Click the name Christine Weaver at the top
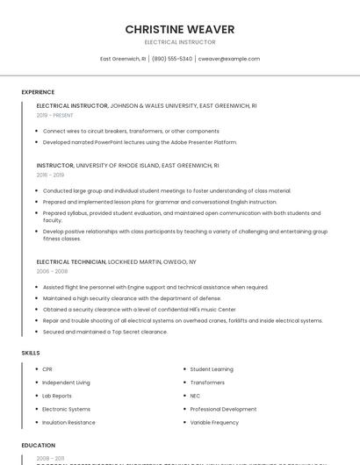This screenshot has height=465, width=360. point(179,28)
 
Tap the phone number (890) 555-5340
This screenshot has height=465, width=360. point(172,59)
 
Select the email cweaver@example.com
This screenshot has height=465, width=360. point(228,59)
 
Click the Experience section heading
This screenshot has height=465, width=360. point(38,92)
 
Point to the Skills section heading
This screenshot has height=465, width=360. point(31,353)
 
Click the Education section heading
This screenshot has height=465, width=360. point(39,446)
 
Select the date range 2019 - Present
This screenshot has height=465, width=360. point(54,115)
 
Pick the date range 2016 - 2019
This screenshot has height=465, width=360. point(50,175)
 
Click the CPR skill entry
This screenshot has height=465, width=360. point(47,369)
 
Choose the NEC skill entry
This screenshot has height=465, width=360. point(196,396)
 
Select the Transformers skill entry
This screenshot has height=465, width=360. point(207,383)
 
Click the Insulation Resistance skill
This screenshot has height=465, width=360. point(68,423)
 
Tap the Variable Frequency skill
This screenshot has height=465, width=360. point(213,423)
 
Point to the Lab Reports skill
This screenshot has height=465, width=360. point(57,396)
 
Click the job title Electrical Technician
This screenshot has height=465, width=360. point(70,262)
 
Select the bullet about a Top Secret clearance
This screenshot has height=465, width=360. point(104,333)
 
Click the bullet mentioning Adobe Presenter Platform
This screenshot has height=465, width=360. point(140,142)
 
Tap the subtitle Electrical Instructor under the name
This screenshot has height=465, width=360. point(179,42)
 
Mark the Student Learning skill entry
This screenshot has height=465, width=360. point(211,369)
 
